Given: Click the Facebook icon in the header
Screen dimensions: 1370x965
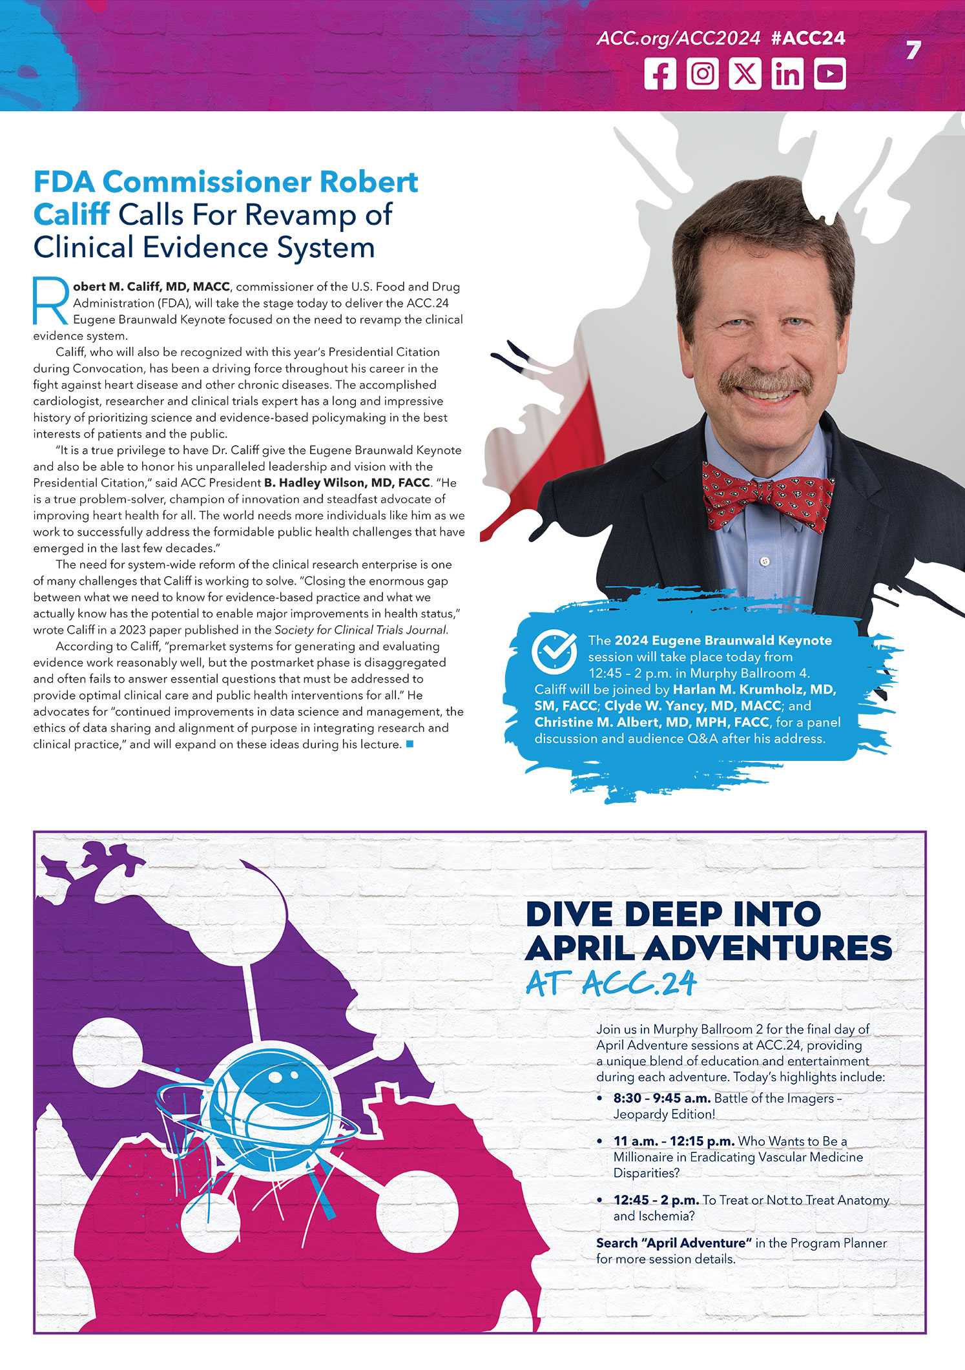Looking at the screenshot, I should [x=660, y=74].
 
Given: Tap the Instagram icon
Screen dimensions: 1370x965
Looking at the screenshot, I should [x=702, y=74].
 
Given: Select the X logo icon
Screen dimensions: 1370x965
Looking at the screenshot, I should [x=745, y=74].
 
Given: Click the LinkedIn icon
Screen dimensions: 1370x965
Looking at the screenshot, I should [x=787, y=74].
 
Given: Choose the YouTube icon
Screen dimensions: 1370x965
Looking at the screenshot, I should [x=830, y=74].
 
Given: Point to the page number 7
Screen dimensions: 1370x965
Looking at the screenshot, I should [x=913, y=50].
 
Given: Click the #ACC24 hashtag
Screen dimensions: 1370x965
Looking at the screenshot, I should [x=808, y=38].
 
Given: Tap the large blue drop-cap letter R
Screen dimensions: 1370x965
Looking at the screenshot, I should [x=50, y=301].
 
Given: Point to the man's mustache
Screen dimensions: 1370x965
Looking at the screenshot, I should [x=766, y=381].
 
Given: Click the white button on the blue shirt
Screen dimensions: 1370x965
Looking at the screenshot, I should [x=765, y=561].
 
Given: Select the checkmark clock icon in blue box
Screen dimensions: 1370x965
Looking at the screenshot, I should [x=554, y=652].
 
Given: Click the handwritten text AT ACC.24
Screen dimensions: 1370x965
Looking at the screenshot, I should [x=611, y=984].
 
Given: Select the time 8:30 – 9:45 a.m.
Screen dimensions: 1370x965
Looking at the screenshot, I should [x=661, y=1098].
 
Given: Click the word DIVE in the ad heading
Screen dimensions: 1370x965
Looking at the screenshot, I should [x=568, y=914].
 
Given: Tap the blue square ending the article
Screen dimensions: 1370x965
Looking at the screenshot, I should [x=410, y=744].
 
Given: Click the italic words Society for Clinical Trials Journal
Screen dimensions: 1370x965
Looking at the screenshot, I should [x=360, y=630].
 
